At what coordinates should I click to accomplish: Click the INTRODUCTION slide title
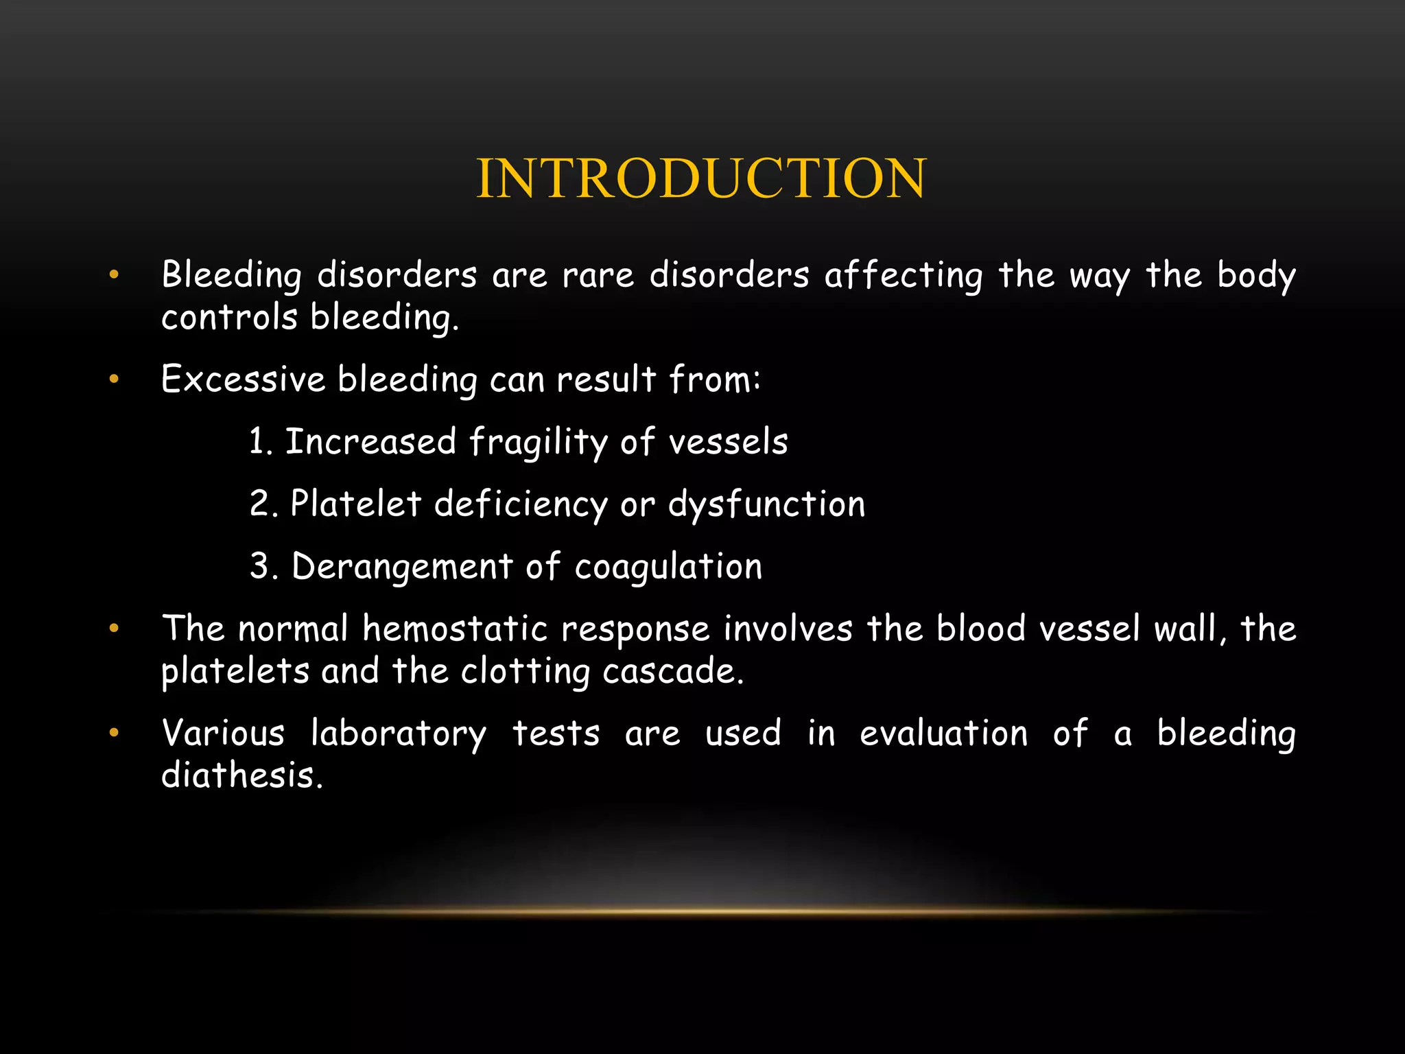(x=701, y=178)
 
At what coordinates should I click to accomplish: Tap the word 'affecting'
(x=904, y=276)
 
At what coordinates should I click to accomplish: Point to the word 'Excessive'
(x=243, y=379)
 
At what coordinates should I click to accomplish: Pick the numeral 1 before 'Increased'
(x=257, y=441)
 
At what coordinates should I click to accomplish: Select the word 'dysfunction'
(x=766, y=504)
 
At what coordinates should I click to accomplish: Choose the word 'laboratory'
(x=399, y=734)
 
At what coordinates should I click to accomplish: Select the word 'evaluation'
(x=943, y=734)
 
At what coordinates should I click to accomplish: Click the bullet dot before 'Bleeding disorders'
(x=114, y=275)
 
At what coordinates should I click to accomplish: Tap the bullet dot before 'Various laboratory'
(x=114, y=733)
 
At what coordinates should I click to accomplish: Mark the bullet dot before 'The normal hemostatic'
(x=114, y=628)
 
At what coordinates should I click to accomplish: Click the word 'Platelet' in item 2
(x=355, y=504)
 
